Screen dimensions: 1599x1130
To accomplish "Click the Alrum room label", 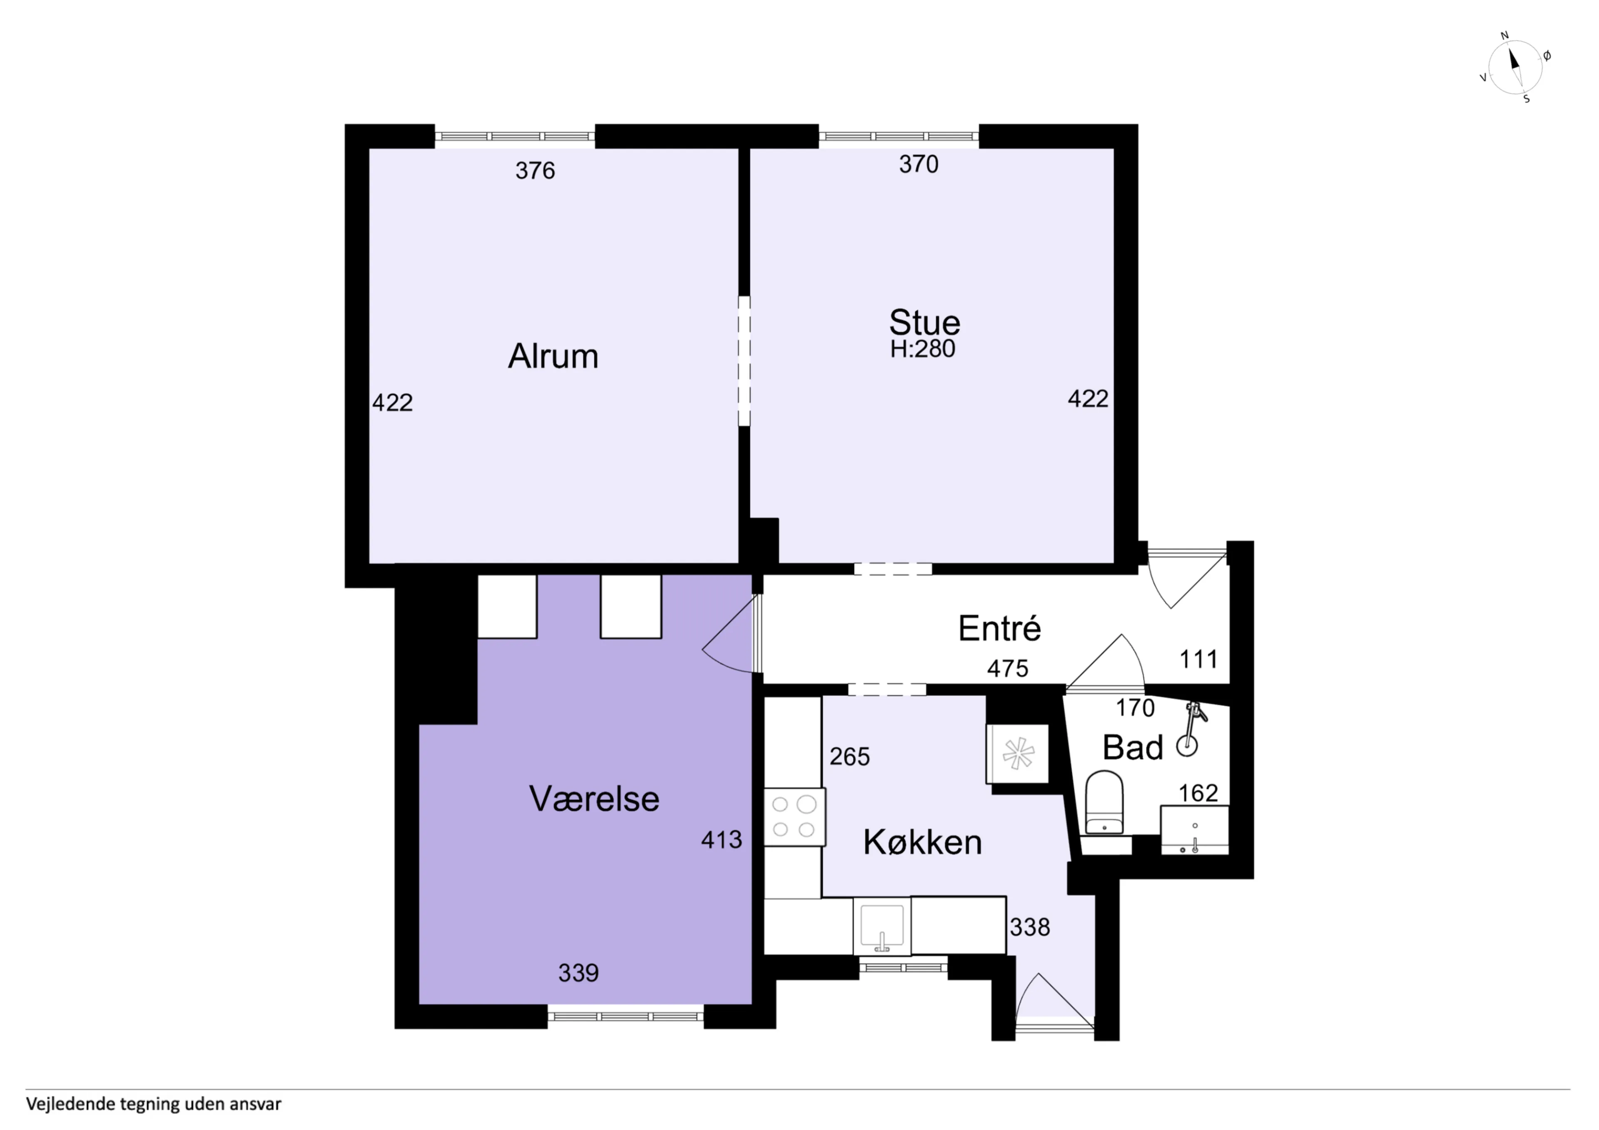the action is pyautogui.click(x=553, y=356).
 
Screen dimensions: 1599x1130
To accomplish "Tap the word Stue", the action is pyautogui.click(x=924, y=323).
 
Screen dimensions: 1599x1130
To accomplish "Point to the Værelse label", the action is pyautogui.click(x=594, y=799).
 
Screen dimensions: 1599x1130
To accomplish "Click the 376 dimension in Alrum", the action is pyautogui.click(x=535, y=171).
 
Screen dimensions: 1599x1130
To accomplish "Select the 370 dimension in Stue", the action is pyautogui.click(x=919, y=164).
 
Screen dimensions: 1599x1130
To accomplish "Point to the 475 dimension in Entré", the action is pyautogui.click(x=1008, y=668).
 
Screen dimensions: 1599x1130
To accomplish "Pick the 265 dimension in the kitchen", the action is pyautogui.click(x=849, y=757).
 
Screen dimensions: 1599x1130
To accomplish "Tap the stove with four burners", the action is pyautogui.click(x=795, y=817).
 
